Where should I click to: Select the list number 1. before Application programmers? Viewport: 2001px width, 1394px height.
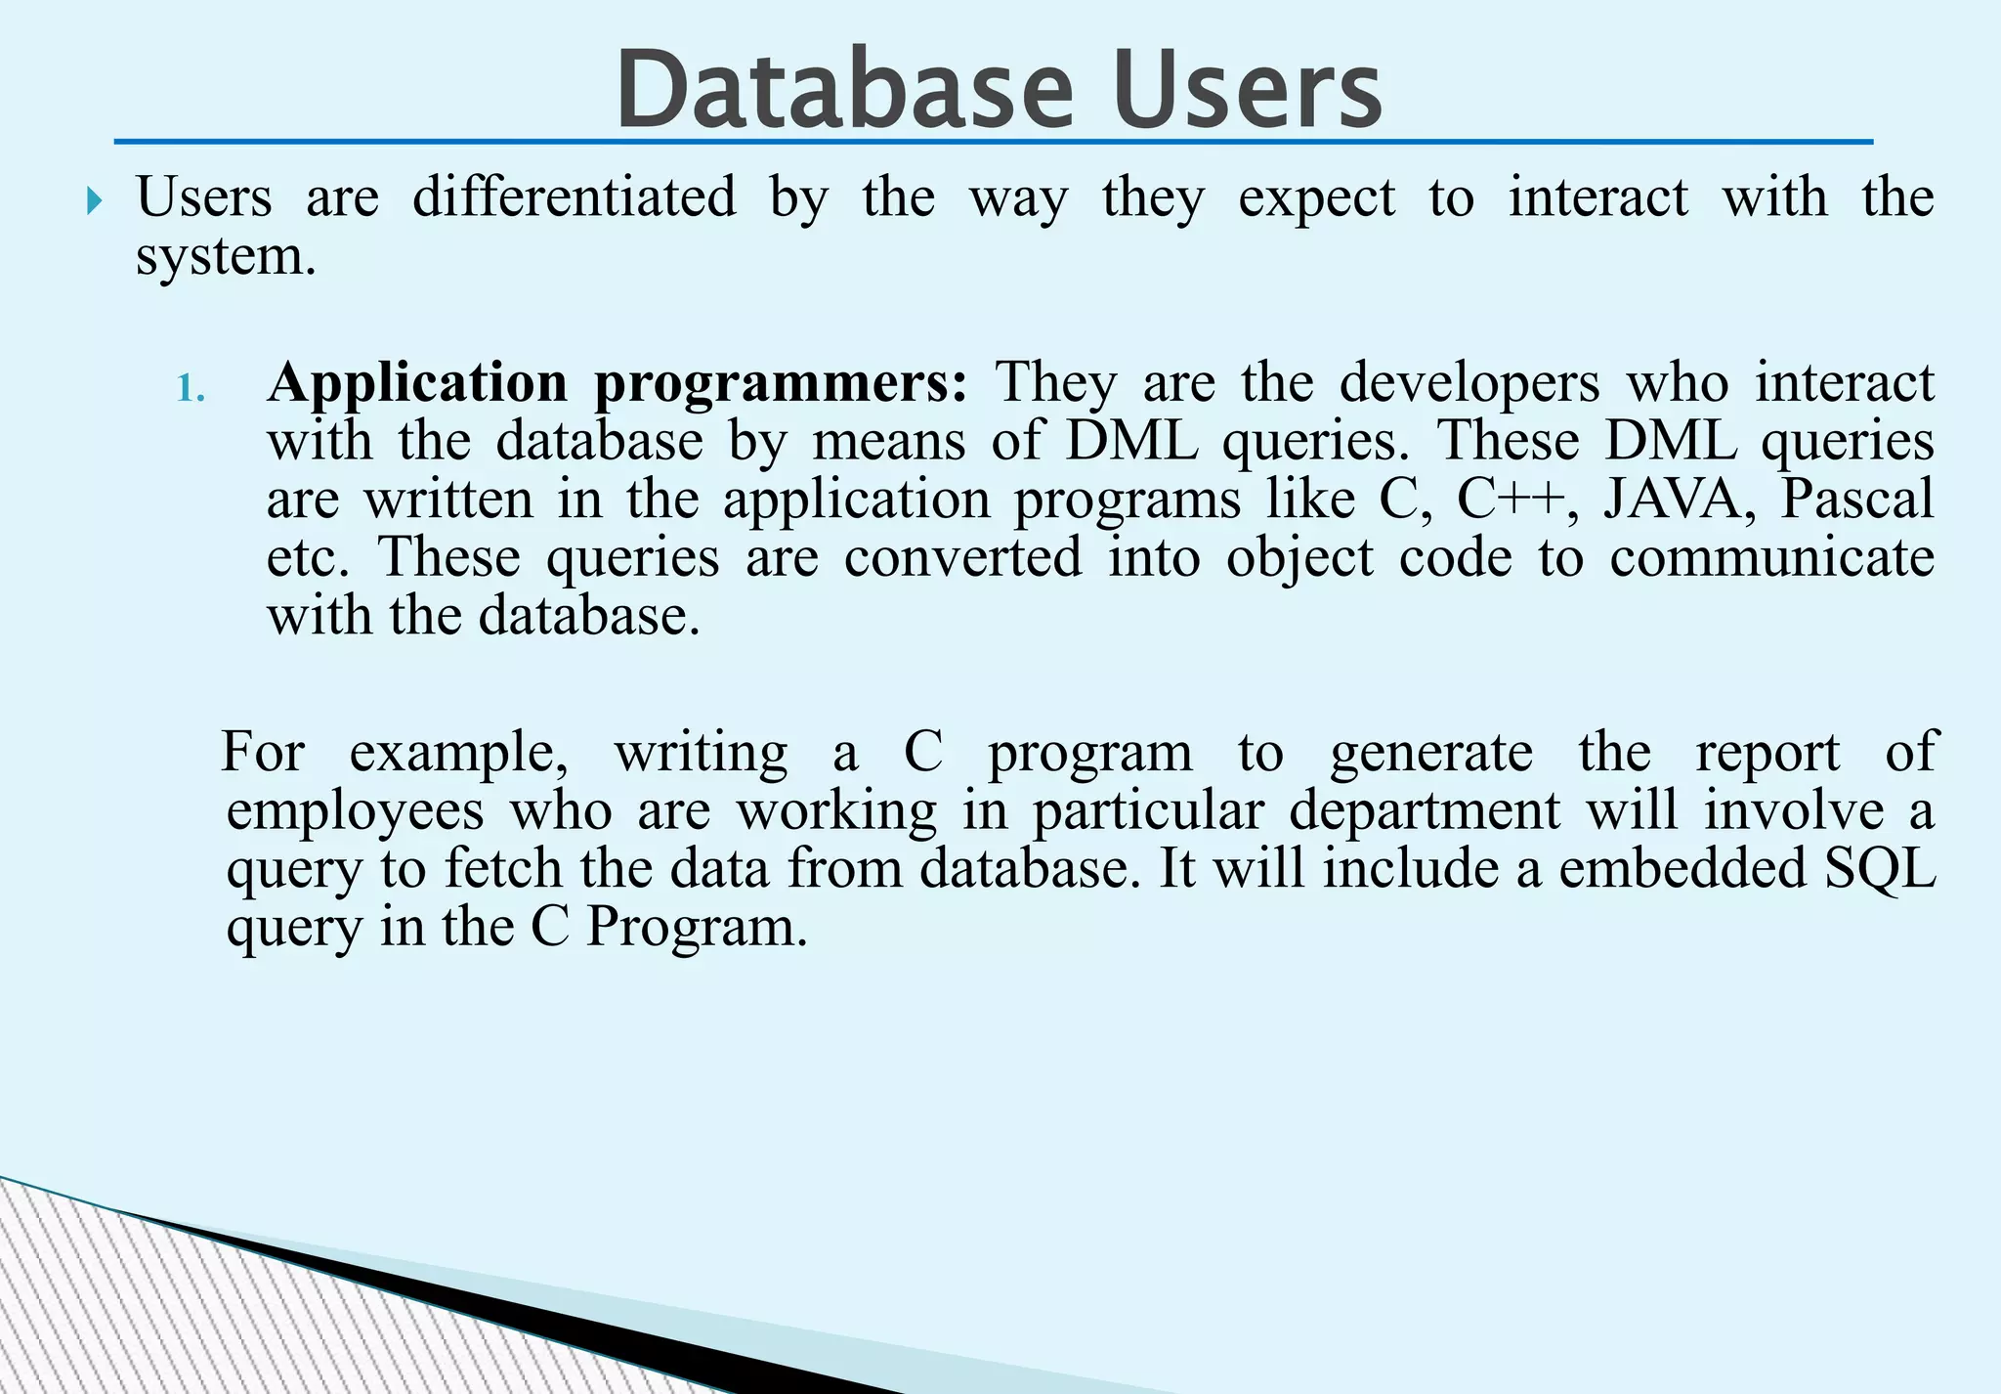click(x=191, y=389)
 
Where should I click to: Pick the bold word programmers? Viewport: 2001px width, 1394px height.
click(x=781, y=383)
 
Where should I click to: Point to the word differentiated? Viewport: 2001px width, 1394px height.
click(x=574, y=197)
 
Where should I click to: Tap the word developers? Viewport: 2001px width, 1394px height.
click(x=1469, y=383)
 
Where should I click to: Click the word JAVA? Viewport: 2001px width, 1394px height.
click(x=1673, y=500)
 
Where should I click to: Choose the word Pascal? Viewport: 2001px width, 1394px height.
click(x=1856, y=500)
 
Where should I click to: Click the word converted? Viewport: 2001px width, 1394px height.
click(x=962, y=558)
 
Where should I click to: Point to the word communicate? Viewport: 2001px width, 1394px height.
click(x=1771, y=558)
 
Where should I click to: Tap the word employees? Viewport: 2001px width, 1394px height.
click(x=355, y=811)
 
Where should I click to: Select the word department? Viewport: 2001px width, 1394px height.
click(x=1424, y=811)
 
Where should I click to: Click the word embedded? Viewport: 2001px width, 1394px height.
click(x=1682, y=869)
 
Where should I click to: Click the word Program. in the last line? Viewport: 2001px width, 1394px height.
click(x=697, y=928)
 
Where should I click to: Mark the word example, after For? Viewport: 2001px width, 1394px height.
click(x=458, y=754)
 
